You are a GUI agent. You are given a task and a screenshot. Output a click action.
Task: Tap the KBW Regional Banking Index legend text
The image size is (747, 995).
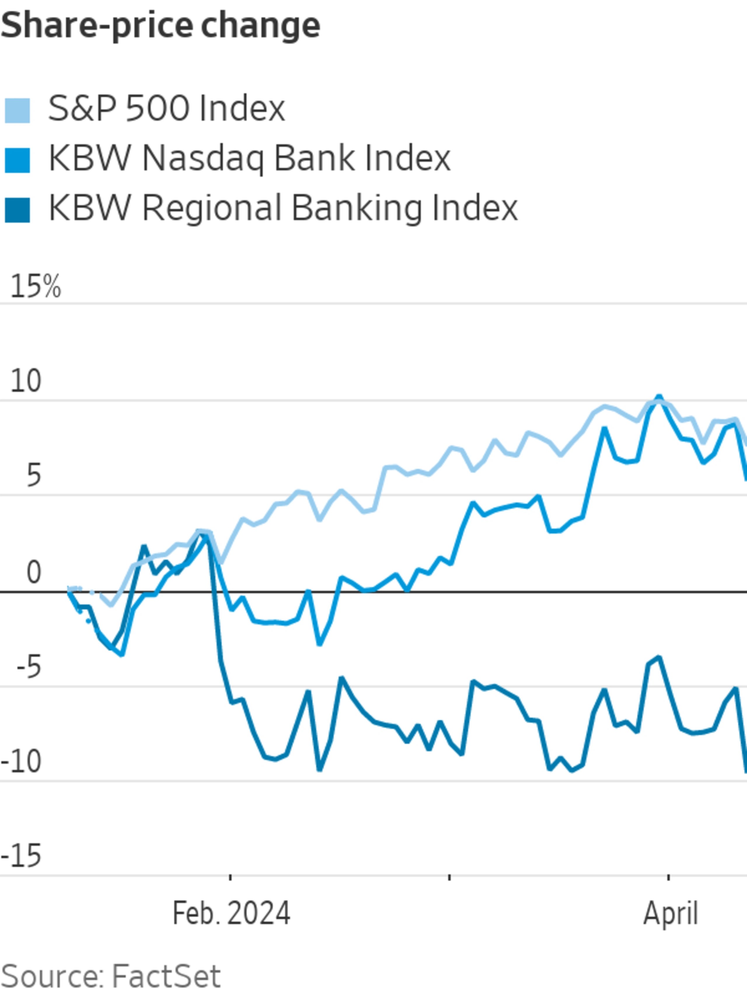point(283,208)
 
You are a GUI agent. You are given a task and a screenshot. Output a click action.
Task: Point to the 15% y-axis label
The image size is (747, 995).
point(35,287)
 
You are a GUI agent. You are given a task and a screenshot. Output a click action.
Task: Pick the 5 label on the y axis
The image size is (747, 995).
point(33,475)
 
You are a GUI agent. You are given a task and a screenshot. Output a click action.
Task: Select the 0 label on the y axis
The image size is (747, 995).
point(33,572)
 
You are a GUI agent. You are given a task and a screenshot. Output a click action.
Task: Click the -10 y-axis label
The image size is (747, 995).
point(22,762)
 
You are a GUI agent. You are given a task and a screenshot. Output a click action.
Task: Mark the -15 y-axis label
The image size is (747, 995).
point(22,857)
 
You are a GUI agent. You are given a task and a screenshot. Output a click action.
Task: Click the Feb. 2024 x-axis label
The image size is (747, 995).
point(231,913)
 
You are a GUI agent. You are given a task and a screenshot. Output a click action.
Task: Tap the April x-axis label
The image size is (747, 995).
point(670,913)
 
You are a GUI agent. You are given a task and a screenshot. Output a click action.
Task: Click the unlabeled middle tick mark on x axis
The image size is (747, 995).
point(449,878)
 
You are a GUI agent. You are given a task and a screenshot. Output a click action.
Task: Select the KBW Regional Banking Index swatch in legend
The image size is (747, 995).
point(17,210)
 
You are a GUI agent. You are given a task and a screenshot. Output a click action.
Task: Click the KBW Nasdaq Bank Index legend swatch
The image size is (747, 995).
point(17,160)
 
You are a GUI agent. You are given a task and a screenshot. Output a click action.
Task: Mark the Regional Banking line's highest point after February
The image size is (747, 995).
point(659,658)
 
